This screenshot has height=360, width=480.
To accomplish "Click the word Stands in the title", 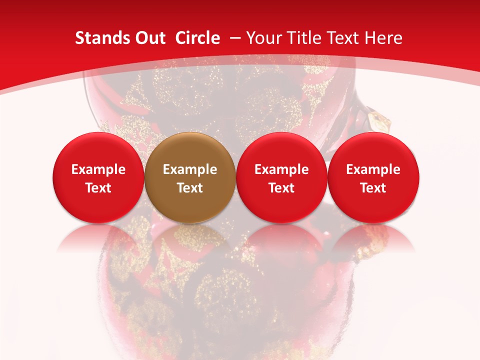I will coord(101,38).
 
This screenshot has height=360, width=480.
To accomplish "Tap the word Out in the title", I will coord(148,38).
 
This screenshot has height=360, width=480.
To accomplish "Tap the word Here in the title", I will coord(384,38).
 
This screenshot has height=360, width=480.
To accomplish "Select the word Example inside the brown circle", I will coord(190,169).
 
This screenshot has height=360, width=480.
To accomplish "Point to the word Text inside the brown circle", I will coord(190,188).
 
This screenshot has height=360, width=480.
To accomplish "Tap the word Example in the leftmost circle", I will coord(98,169).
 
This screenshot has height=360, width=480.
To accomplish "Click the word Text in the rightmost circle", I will coord(373,188).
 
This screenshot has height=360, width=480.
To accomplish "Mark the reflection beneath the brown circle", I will coord(190,237).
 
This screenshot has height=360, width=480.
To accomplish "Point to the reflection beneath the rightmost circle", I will coord(373,237).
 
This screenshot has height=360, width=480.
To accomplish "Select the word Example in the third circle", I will coord(281,169).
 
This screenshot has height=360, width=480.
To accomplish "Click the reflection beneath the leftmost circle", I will coord(98,237).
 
